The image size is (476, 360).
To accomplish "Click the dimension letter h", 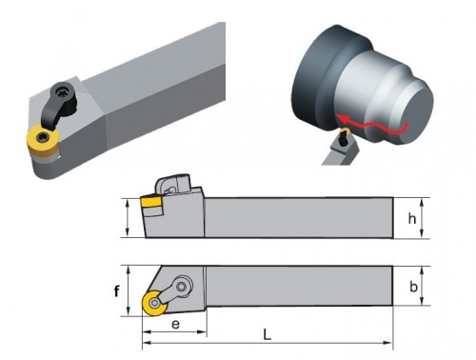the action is click(411, 219).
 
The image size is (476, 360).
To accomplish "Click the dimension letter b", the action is click(413, 287).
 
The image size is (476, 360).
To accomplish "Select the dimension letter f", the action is click(117, 290).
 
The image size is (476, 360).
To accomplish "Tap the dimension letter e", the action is click(175, 325).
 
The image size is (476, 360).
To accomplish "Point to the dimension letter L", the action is click(268, 334).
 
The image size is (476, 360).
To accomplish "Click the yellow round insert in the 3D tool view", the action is click(43, 141).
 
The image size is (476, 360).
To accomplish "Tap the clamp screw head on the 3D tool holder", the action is click(61, 92).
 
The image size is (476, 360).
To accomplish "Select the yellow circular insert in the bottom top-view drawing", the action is click(155, 303).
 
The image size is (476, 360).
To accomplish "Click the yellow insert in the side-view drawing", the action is click(150, 203).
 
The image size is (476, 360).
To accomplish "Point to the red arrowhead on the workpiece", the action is click(342, 118).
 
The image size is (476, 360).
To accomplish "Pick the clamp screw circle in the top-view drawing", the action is click(182, 287).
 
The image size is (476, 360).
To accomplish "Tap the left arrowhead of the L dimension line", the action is click(147, 343).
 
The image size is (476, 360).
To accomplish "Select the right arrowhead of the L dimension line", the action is click(388, 343).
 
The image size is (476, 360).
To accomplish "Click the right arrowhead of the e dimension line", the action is click(202, 332).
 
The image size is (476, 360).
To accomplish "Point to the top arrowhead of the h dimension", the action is click(422, 203).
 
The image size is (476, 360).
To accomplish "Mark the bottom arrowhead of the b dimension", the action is click(422, 301).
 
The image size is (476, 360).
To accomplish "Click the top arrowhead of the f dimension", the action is click(129, 270).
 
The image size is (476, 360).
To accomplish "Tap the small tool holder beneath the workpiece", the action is click(341, 149).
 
